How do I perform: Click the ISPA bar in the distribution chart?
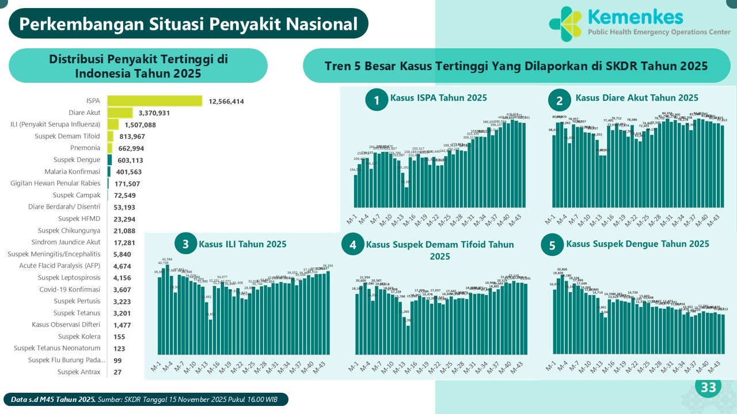(x=154, y=101)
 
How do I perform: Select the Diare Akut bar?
(x=120, y=113)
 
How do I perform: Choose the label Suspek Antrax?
(x=79, y=372)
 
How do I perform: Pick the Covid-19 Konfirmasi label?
(x=70, y=289)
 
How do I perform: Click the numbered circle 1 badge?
(x=377, y=101)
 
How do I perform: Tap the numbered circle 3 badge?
(x=185, y=244)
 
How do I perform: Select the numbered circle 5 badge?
(x=552, y=246)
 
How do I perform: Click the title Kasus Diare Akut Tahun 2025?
(x=637, y=98)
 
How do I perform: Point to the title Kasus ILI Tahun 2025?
(x=242, y=244)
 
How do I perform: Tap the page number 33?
(x=708, y=388)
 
